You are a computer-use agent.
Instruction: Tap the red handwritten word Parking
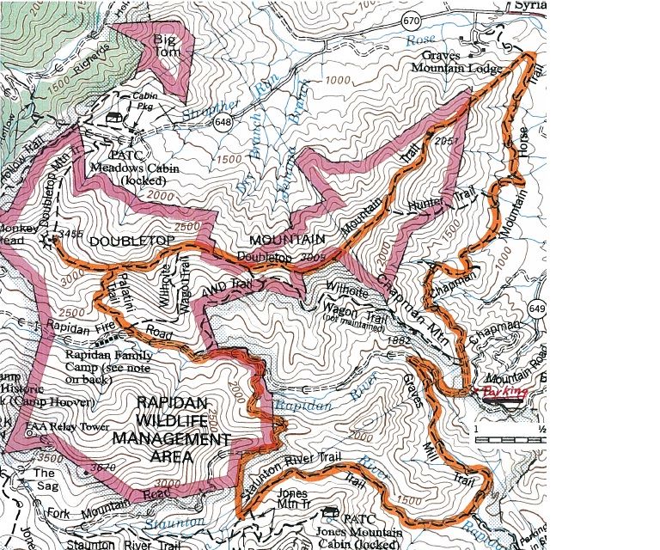coord(504,392)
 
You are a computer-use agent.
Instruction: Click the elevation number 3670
coord(103,467)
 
